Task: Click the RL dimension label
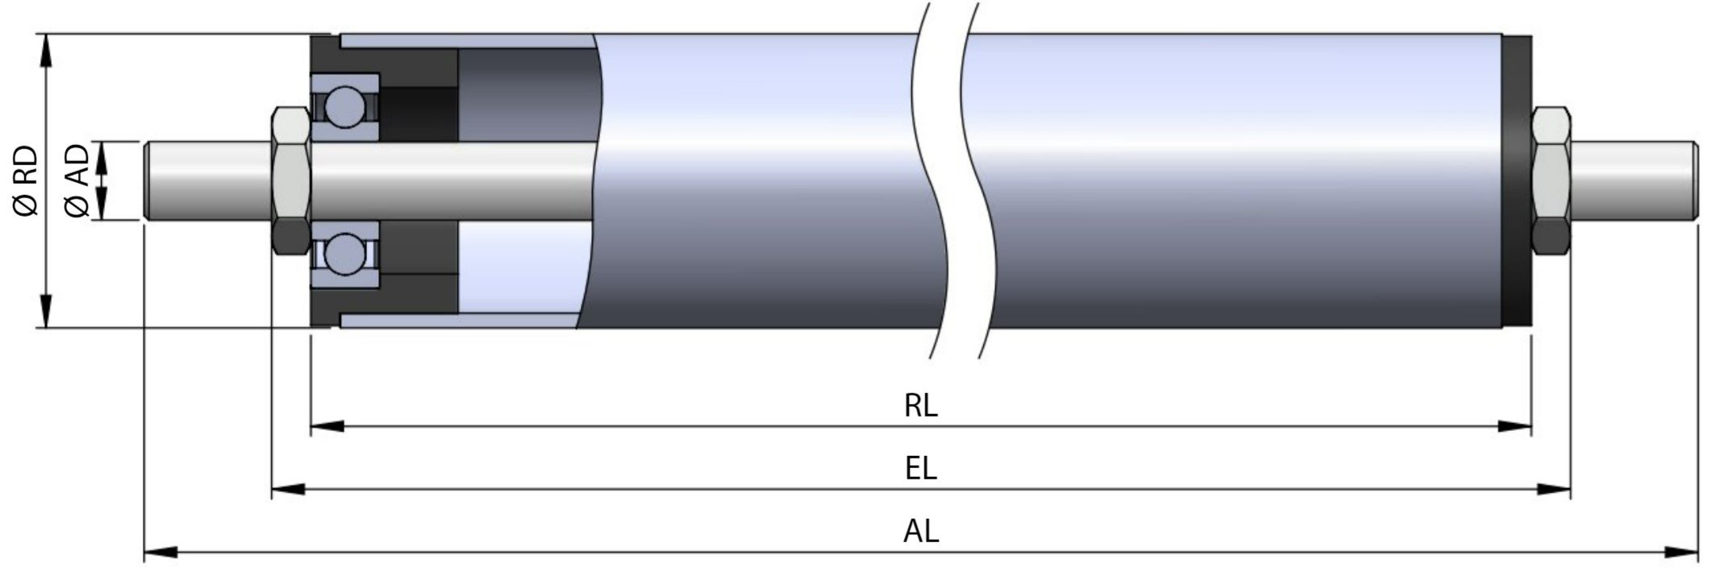pos(920,405)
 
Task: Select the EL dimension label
pos(920,468)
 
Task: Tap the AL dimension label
pos(920,531)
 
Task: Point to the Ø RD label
pos(26,180)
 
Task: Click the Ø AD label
pos(77,180)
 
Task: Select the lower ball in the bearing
pos(344,251)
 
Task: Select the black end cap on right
pos(1516,180)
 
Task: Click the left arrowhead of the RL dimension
pos(327,426)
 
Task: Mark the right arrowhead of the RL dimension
pos(1514,426)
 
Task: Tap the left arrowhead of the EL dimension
pos(288,489)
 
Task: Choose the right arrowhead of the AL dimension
pos(1682,553)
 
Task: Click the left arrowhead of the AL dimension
pos(160,553)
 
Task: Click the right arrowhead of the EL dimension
pos(1554,489)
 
